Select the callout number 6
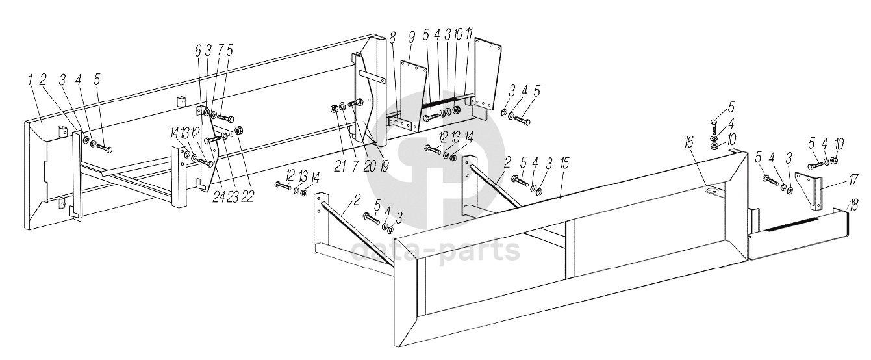click(x=198, y=49)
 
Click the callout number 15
click(x=564, y=164)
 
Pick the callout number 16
click(x=688, y=142)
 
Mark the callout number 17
click(x=853, y=181)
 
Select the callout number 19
click(x=383, y=166)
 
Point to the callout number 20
click(x=369, y=166)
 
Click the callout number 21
click(x=340, y=166)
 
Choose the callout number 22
click(x=247, y=197)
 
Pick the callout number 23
click(x=233, y=197)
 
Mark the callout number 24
click(x=218, y=197)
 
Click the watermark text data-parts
click(x=435, y=251)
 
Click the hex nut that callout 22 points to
click(x=239, y=129)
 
